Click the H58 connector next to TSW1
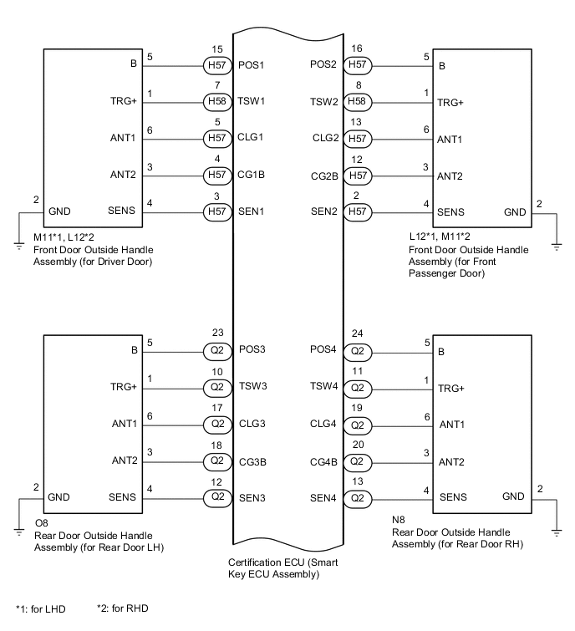(216, 101)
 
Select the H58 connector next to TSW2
(357, 101)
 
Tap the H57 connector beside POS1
(216, 64)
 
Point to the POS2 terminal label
(324, 64)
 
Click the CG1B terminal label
(251, 176)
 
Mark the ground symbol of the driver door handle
(18, 246)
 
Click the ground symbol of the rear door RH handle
(556, 530)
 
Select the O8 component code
(41, 522)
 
